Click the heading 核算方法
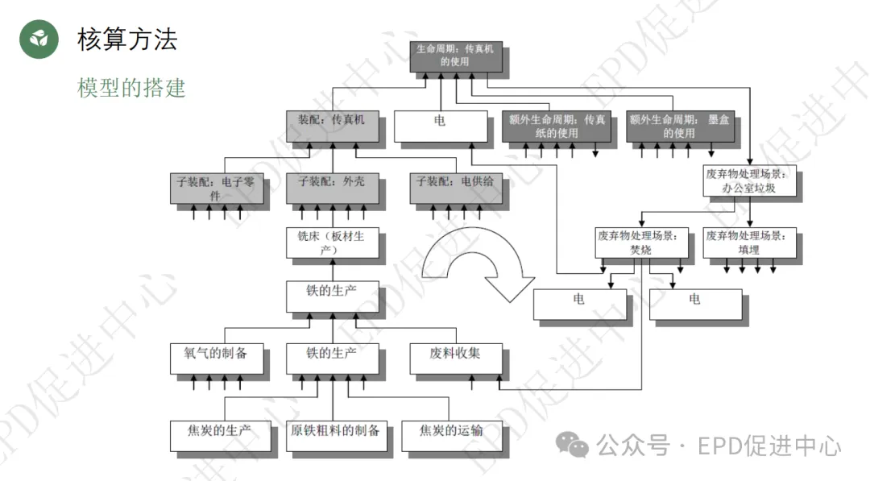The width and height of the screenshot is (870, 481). pos(127,39)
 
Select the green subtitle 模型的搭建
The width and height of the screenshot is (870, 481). pos(131,87)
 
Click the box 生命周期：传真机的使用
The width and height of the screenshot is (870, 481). pos(454,55)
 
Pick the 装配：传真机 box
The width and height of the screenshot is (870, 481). pos(332,126)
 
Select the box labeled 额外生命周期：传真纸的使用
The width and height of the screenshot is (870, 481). pos(556,126)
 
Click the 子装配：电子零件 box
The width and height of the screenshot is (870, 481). pos(209,188)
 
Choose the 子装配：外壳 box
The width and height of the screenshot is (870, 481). pos(332,188)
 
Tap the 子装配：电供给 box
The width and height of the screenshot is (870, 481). pos(455,188)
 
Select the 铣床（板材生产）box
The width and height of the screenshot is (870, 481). pos(332,243)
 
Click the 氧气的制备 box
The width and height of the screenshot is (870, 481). pos(217,359)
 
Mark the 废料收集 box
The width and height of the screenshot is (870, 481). pos(456,359)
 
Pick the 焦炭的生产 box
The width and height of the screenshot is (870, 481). pos(210,435)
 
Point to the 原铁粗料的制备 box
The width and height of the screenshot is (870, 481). pos(335,435)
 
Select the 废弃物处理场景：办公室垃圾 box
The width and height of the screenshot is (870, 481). pos(750,182)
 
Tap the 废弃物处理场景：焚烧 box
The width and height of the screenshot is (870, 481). pos(641,242)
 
